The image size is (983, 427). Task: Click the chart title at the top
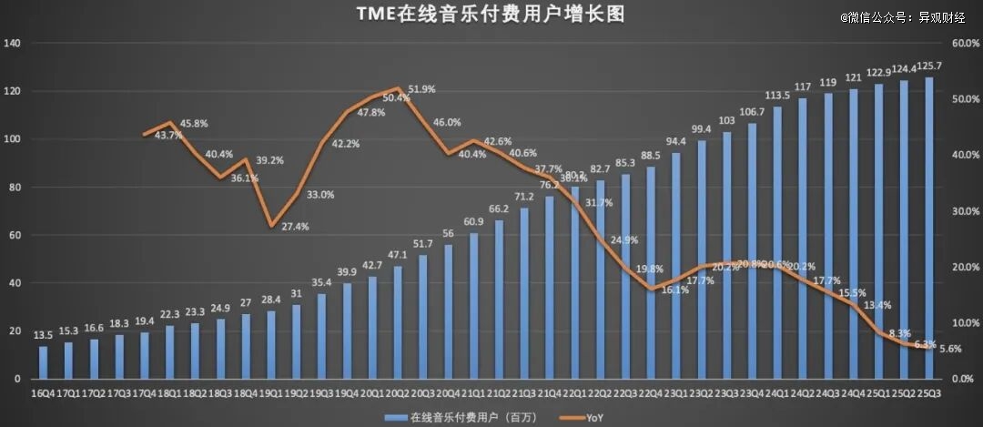click(x=492, y=15)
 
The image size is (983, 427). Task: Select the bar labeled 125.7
click(x=929, y=228)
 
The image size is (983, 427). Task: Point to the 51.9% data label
click(x=421, y=89)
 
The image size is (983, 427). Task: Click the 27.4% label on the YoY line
click(x=295, y=226)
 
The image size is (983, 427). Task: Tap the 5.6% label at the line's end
click(x=950, y=349)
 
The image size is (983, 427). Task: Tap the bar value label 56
click(x=448, y=234)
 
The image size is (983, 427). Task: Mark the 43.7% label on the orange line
click(x=168, y=135)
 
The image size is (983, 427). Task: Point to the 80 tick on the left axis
click(x=15, y=188)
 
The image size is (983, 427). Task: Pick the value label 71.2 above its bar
click(x=523, y=198)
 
